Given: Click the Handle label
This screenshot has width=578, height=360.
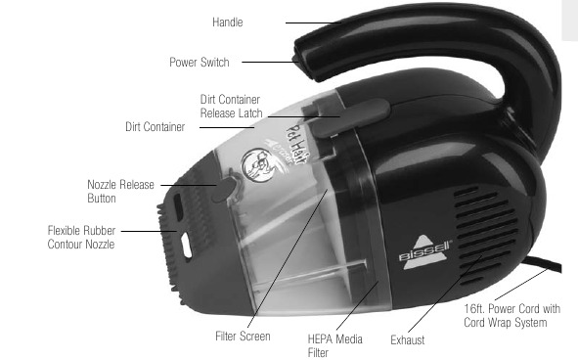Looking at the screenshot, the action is [228, 22].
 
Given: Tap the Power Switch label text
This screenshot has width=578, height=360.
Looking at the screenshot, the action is [200, 62].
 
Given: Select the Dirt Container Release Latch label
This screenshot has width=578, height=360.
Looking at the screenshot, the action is [231, 107].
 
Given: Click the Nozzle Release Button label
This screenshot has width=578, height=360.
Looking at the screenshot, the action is [120, 192].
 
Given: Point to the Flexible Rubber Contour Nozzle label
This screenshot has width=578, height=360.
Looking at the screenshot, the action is [81, 238].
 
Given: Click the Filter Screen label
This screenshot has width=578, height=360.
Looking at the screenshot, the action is [243, 336].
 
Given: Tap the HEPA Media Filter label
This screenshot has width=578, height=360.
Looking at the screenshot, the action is [334, 345].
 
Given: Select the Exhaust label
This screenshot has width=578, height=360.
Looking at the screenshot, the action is [407, 339].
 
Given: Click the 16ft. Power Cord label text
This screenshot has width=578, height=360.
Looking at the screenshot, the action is [512, 316].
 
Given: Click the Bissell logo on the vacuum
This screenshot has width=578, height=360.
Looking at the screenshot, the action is [425, 252].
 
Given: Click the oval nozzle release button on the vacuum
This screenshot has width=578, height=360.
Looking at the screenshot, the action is [224, 189].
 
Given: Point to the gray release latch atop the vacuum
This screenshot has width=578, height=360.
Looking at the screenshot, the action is [346, 117].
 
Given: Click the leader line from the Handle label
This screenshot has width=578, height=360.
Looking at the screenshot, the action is [313, 22].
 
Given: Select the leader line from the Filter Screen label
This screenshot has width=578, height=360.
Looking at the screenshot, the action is [288, 258].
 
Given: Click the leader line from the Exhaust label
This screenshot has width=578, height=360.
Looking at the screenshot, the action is [445, 294].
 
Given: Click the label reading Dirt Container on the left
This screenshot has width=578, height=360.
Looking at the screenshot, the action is [155, 127].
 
